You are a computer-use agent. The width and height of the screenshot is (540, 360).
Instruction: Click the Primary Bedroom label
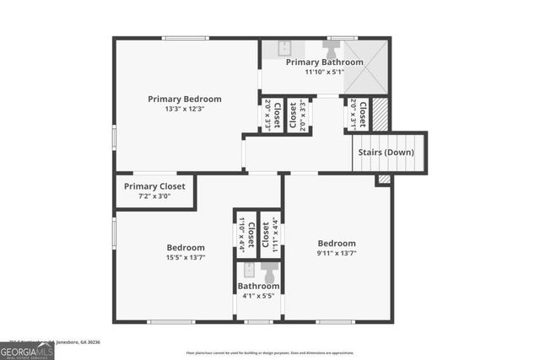pos(184,99)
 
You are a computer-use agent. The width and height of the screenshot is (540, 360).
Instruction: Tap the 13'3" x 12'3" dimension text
pos(184,109)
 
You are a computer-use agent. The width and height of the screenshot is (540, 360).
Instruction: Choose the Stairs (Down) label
pos(386,153)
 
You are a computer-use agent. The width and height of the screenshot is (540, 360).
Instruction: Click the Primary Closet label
pos(154,186)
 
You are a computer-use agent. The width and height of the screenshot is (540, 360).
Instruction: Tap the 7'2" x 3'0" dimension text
pos(154,196)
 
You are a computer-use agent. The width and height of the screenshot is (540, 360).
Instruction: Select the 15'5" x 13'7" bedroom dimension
pos(185,257)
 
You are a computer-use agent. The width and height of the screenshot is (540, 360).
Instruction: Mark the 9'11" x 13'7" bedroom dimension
pos(337,253)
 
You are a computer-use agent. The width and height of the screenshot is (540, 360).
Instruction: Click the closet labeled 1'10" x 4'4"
pos(245,234)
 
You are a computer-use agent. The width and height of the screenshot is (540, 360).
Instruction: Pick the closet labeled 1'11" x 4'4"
pos(269,234)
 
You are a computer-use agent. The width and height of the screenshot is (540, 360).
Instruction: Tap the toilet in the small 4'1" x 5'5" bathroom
pos(270,272)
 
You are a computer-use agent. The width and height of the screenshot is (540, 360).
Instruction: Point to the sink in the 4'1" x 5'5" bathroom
pos(248,271)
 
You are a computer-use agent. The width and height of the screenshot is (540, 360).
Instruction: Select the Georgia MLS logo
pos(27,348)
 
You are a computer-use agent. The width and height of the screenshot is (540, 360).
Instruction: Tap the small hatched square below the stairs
pos(384,180)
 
